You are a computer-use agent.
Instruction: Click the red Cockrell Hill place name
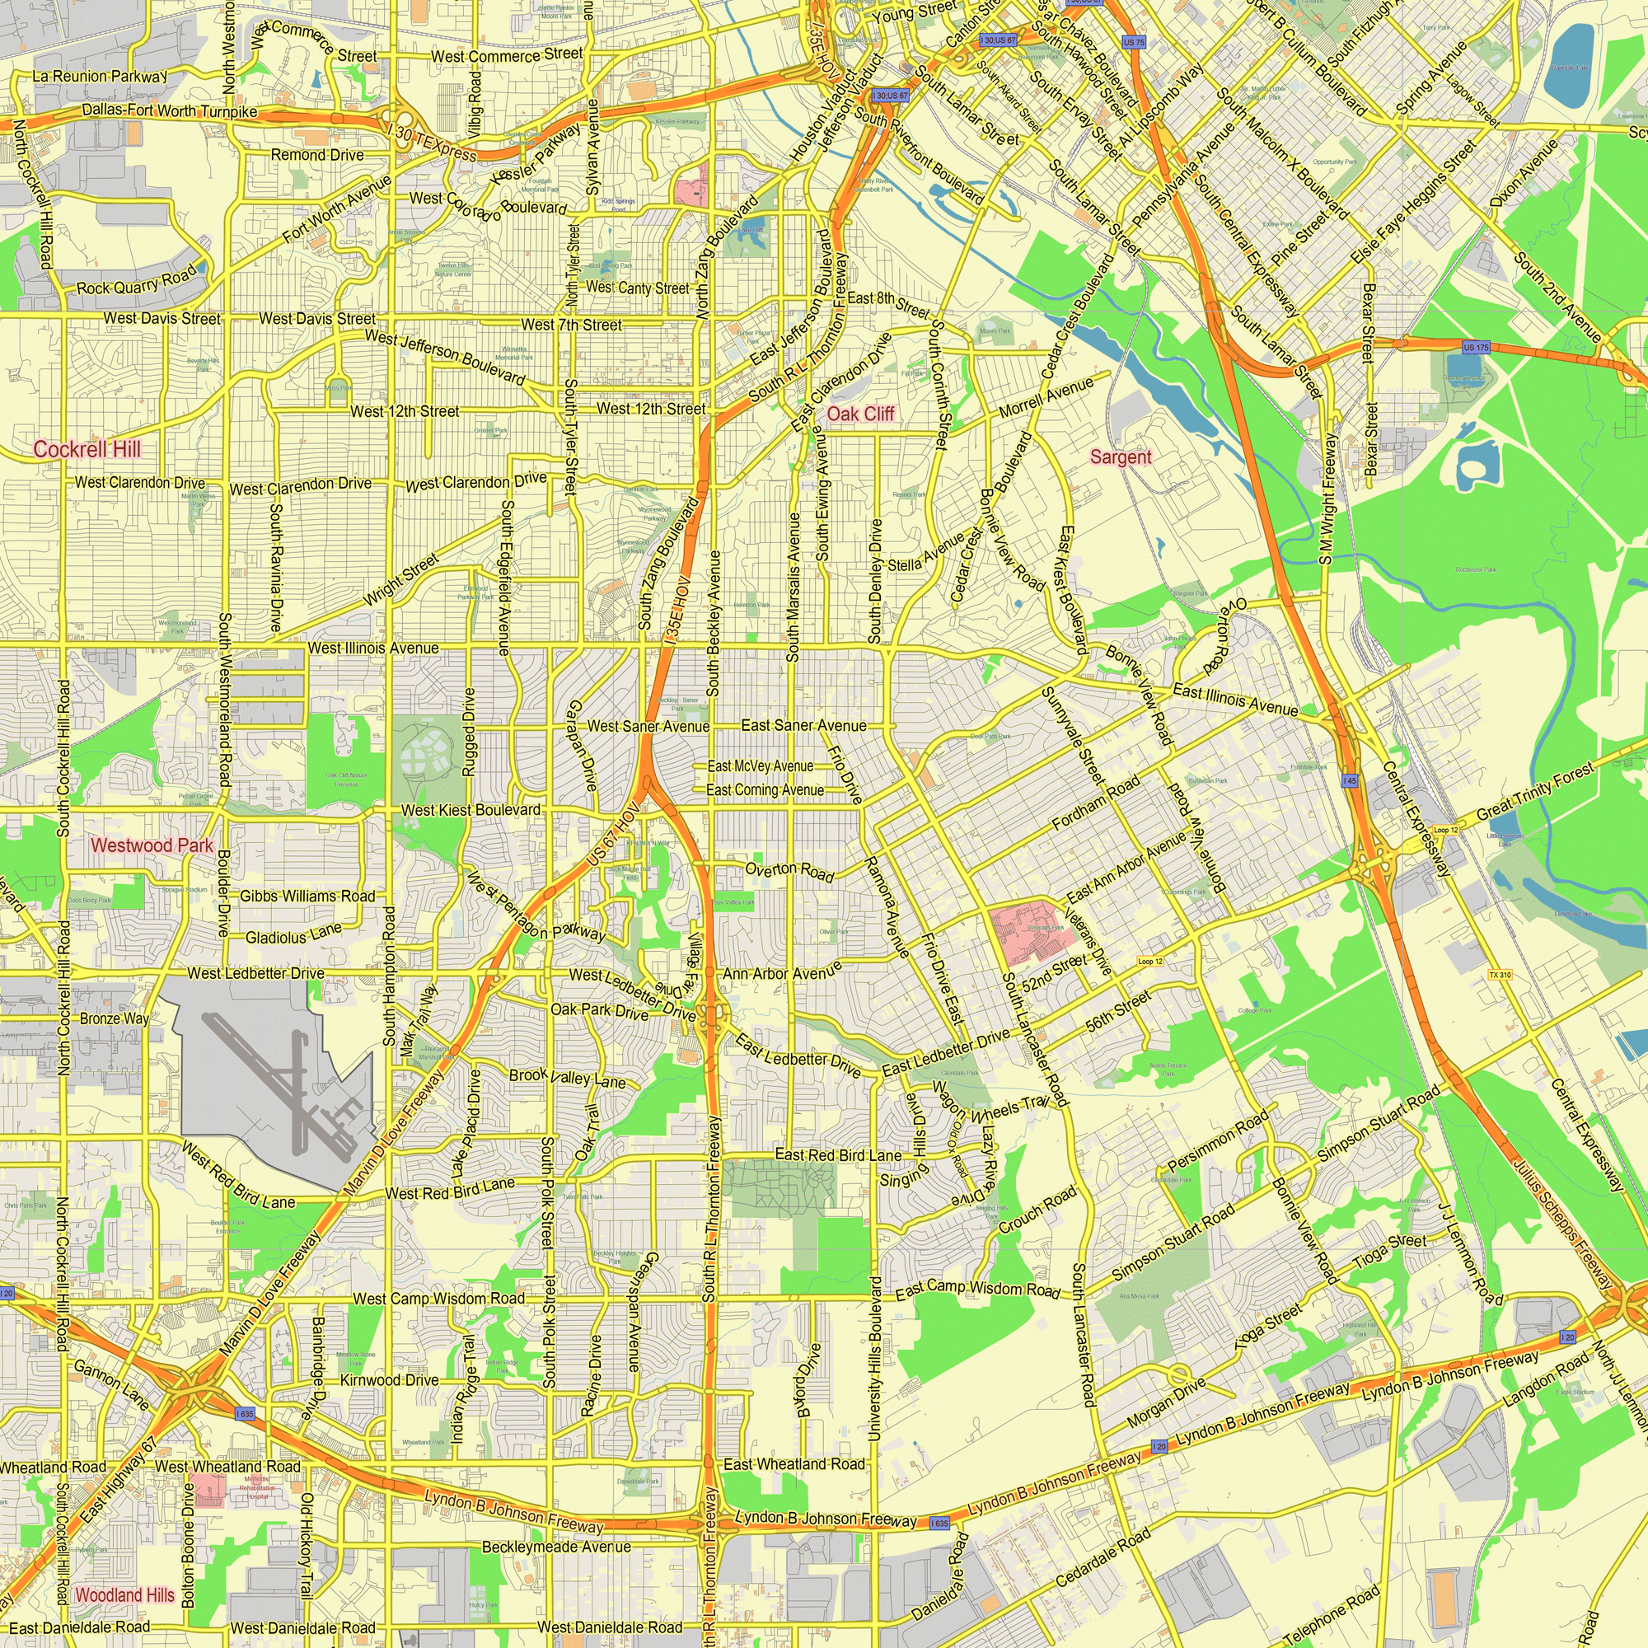click(x=87, y=449)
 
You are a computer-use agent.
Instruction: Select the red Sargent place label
click(x=1120, y=457)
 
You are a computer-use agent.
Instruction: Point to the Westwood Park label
click(x=152, y=845)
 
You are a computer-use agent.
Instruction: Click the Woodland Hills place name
click(x=124, y=1595)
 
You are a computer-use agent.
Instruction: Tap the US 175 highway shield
click(x=1475, y=347)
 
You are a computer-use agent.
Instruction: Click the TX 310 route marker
click(x=1500, y=975)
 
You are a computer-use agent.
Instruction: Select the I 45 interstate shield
click(x=1350, y=780)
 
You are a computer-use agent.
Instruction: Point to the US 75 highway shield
click(x=1134, y=42)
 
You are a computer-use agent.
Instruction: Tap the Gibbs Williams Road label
click(x=307, y=896)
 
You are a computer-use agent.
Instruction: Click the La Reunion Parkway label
click(x=100, y=76)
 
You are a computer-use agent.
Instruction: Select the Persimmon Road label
click(x=1217, y=1140)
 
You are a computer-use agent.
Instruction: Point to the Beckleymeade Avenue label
click(x=556, y=1547)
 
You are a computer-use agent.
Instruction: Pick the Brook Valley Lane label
click(x=567, y=1077)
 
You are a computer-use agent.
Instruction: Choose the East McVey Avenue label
click(x=760, y=766)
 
